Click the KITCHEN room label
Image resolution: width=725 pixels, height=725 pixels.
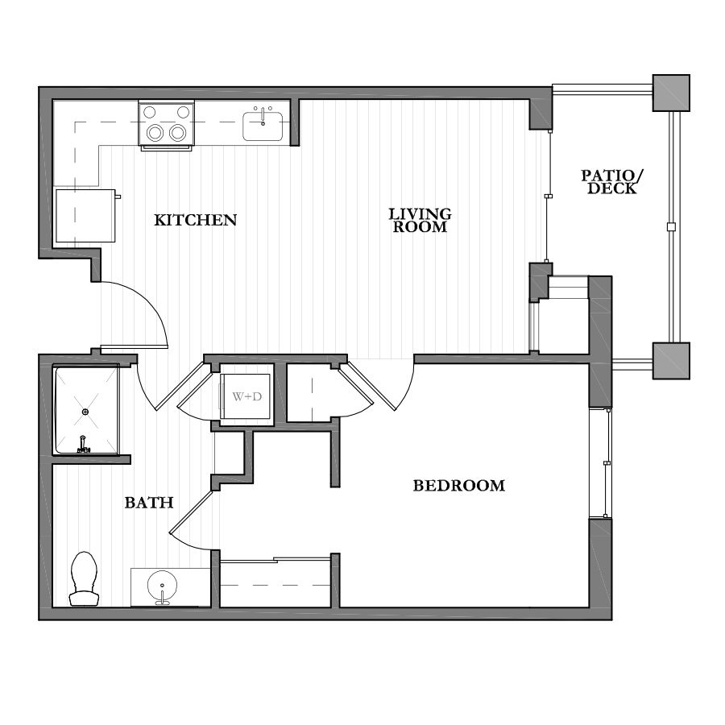tap(196, 219)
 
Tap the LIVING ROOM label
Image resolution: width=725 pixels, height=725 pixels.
tap(420, 220)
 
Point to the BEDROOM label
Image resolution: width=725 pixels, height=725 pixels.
tap(458, 486)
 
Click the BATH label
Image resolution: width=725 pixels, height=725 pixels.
tap(149, 503)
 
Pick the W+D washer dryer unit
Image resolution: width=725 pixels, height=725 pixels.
tap(246, 396)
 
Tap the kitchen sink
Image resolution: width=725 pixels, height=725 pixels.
tap(263, 125)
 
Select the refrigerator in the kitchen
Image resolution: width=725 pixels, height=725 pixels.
tap(84, 215)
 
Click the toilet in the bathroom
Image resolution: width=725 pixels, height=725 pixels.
tap(83, 577)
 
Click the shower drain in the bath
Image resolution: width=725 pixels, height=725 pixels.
tap(85, 412)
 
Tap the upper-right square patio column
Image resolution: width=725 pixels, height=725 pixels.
tap(670, 93)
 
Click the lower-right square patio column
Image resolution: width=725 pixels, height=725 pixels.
tap(670, 360)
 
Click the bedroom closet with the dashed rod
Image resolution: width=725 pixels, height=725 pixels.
tap(275, 582)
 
